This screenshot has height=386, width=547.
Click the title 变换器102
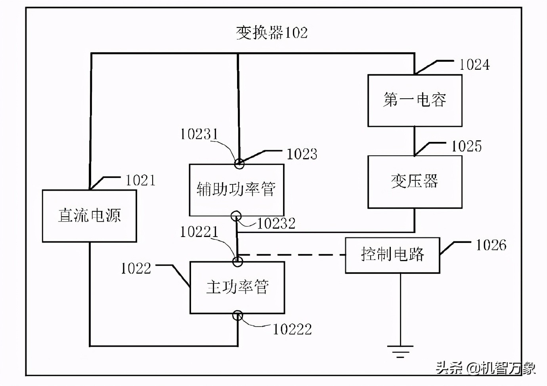pos(272,32)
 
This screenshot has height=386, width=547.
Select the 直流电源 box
pos(90,216)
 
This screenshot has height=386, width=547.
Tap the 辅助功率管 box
pos(237,190)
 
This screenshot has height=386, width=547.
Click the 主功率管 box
pos(237,287)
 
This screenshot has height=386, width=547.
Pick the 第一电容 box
pos(415,100)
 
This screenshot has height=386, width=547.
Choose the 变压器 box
pos(415,182)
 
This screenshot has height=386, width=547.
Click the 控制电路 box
pos(392,255)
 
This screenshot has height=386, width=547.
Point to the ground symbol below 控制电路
pos(400,350)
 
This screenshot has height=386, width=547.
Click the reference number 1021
pos(140,181)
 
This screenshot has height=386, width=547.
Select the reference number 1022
pos(136,269)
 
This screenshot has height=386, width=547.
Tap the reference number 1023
pos(302,154)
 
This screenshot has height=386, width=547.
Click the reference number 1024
pos(474,65)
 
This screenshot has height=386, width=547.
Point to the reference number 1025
pos(467,147)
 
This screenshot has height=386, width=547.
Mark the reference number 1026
pos(491,245)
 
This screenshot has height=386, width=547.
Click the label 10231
pos(199,134)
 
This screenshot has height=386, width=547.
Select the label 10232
pos(276,224)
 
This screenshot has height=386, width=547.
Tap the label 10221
pos(199,232)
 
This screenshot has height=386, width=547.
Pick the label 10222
pos(292,329)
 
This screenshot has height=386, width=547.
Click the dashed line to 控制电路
pos(293,255)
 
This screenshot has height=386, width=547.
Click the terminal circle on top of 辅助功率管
pos(239,163)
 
